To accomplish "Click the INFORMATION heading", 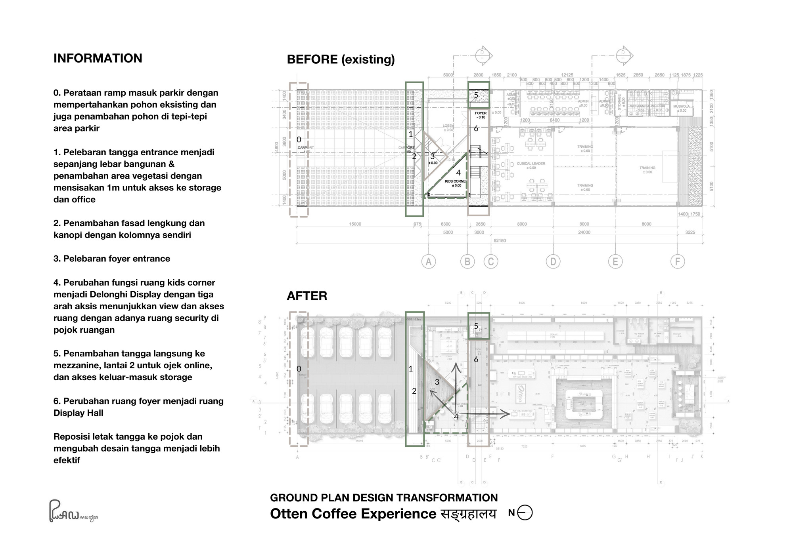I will pos(98,58).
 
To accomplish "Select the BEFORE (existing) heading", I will pos(341,59).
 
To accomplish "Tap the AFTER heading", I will pos(307,296).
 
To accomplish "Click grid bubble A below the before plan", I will pos(428,262).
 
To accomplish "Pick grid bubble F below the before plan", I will pos(677,262).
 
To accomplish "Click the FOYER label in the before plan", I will pos(481,113).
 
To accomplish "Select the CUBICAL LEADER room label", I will pos(531,164).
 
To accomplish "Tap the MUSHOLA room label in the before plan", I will pos(682,107).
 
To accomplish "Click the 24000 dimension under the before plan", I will pos(584,232).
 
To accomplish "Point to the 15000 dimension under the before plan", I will pos(355,224).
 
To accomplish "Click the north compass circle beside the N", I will pos(525,513).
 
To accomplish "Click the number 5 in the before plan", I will pos(476,95).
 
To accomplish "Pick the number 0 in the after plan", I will pos(299,369).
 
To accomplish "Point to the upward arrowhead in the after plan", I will pos(456,367).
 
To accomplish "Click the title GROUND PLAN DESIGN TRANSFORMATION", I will pos(384,498).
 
